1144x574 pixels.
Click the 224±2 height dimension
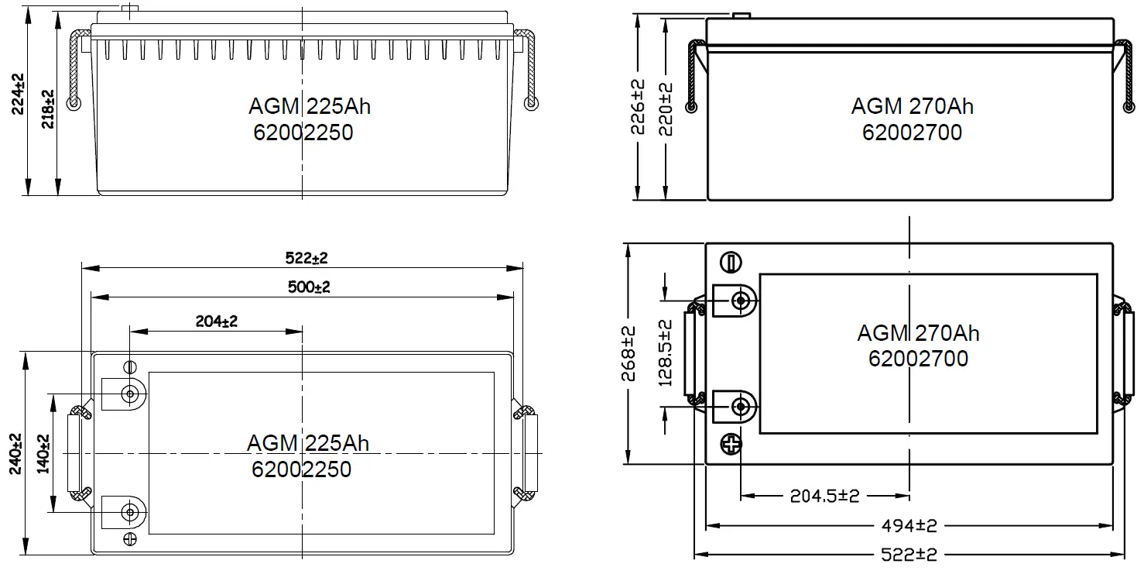[18, 95]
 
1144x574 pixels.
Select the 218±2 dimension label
[48, 108]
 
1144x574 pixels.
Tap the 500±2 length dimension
[310, 287]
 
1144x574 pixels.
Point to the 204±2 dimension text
[217, 321]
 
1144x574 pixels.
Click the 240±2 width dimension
[16, 454]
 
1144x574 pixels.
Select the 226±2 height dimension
[638, 107]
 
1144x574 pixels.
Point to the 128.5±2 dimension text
[665, 353]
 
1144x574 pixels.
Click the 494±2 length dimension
[909, 526]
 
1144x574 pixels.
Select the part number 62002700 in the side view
[912, 132]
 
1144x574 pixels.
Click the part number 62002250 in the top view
[302, 469]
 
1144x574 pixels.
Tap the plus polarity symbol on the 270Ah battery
[731, 445]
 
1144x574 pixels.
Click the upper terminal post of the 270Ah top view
[742, 300]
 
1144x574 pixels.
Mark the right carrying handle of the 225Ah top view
[529, 453]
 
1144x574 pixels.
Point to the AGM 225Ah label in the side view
[310, 106]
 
